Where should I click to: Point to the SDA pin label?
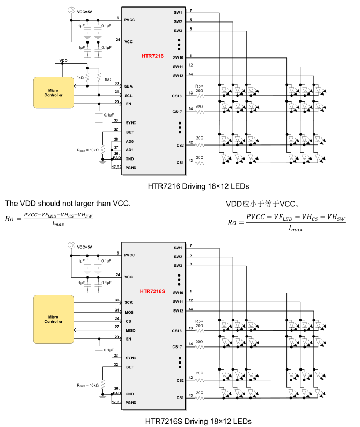pyautogui.click(x=128, y=86)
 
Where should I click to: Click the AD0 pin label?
pyautogui.click(x=129, y=141)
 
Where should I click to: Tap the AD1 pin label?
pyautogui.click(x=129, y=150)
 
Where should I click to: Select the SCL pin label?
pyautogui.click(x=128, y=96)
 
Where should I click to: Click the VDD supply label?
pyautogui.click(x=63, y=60)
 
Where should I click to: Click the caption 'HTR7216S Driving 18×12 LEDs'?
pyautogui.click(x=199, y=420)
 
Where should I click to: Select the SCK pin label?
pyautogui.click(x=129, y=302)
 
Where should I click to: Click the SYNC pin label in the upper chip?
pyautogui.click(x=130, y=123)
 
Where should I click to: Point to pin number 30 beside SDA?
pyautogui.click(x=116, y=83)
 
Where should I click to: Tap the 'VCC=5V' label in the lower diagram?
pyautogui.click(x=85, y=248)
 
